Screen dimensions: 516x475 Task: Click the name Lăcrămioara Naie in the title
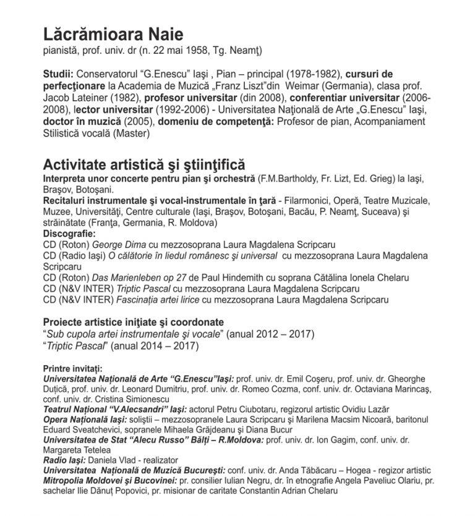click(x=113, y=34)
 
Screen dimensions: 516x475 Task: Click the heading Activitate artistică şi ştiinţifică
click(x=144, y=165)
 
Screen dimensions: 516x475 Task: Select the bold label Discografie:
click(x=69, y=234)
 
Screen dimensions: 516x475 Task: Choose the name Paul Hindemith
click(x=226, y=277)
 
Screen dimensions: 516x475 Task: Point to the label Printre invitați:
click(x=72, y=368)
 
